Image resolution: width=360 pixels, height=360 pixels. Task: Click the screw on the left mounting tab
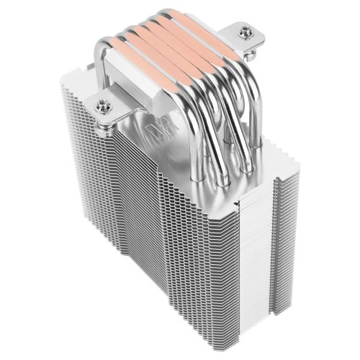point(102,105)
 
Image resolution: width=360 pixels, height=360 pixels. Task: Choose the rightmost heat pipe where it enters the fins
point(249,167)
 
